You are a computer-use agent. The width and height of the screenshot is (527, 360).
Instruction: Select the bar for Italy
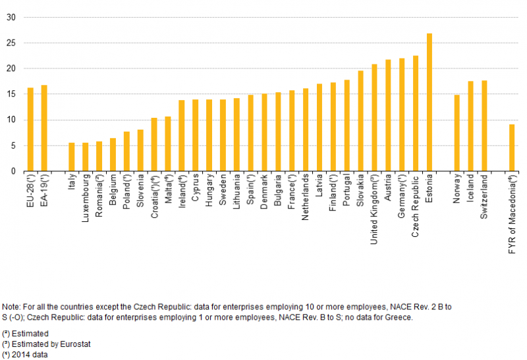click(x=72, y=157)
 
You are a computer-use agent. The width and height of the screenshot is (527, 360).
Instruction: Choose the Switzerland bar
click(x=484, y=126)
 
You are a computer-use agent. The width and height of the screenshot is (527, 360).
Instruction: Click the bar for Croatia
click(x=154, y=144)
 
